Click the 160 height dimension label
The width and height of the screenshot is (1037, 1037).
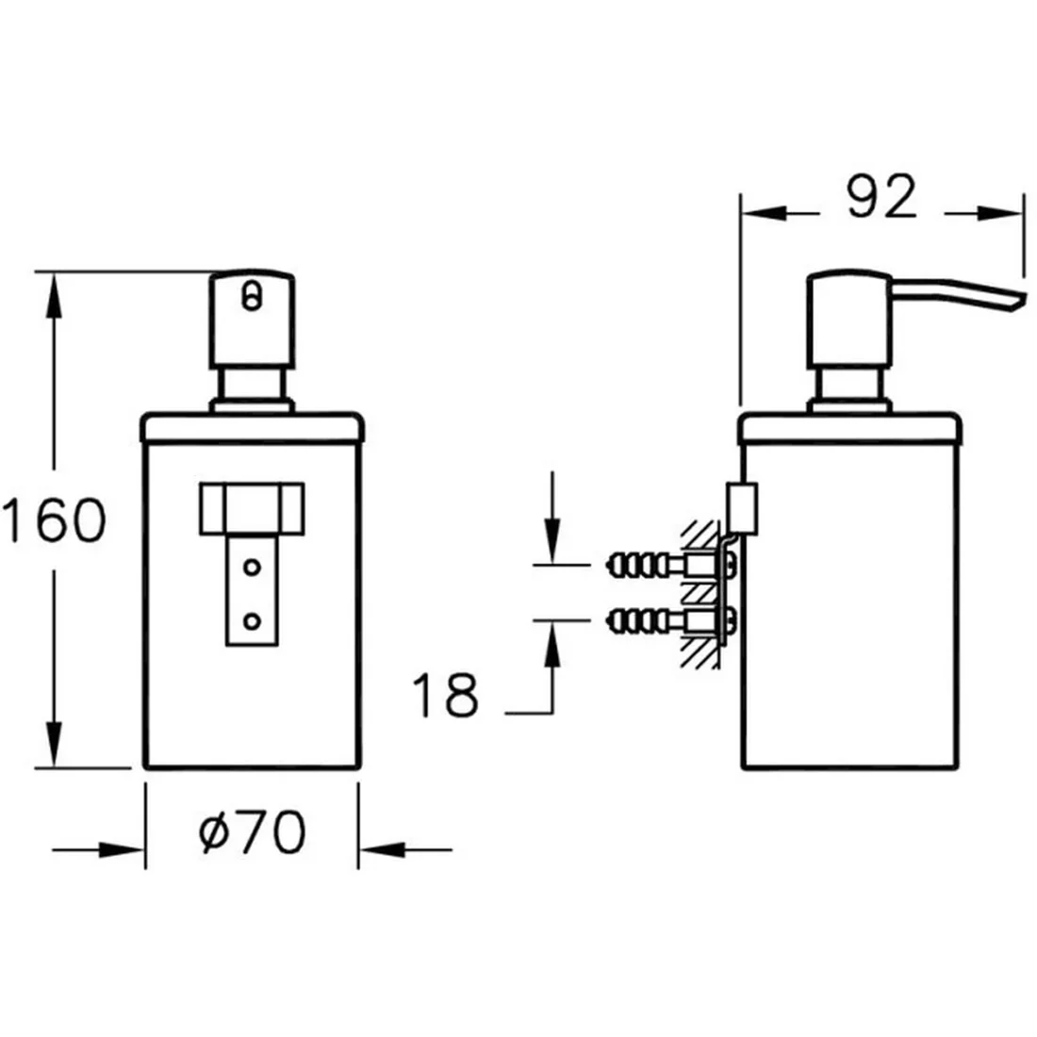55,519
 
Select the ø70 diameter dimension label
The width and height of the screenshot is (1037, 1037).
252,832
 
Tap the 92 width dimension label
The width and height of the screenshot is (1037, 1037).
881,196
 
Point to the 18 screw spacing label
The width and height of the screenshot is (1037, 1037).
444,695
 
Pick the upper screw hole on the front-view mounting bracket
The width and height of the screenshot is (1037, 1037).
252,567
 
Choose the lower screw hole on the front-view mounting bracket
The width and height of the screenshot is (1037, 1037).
252,621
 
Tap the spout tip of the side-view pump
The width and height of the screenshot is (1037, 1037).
1017,300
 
